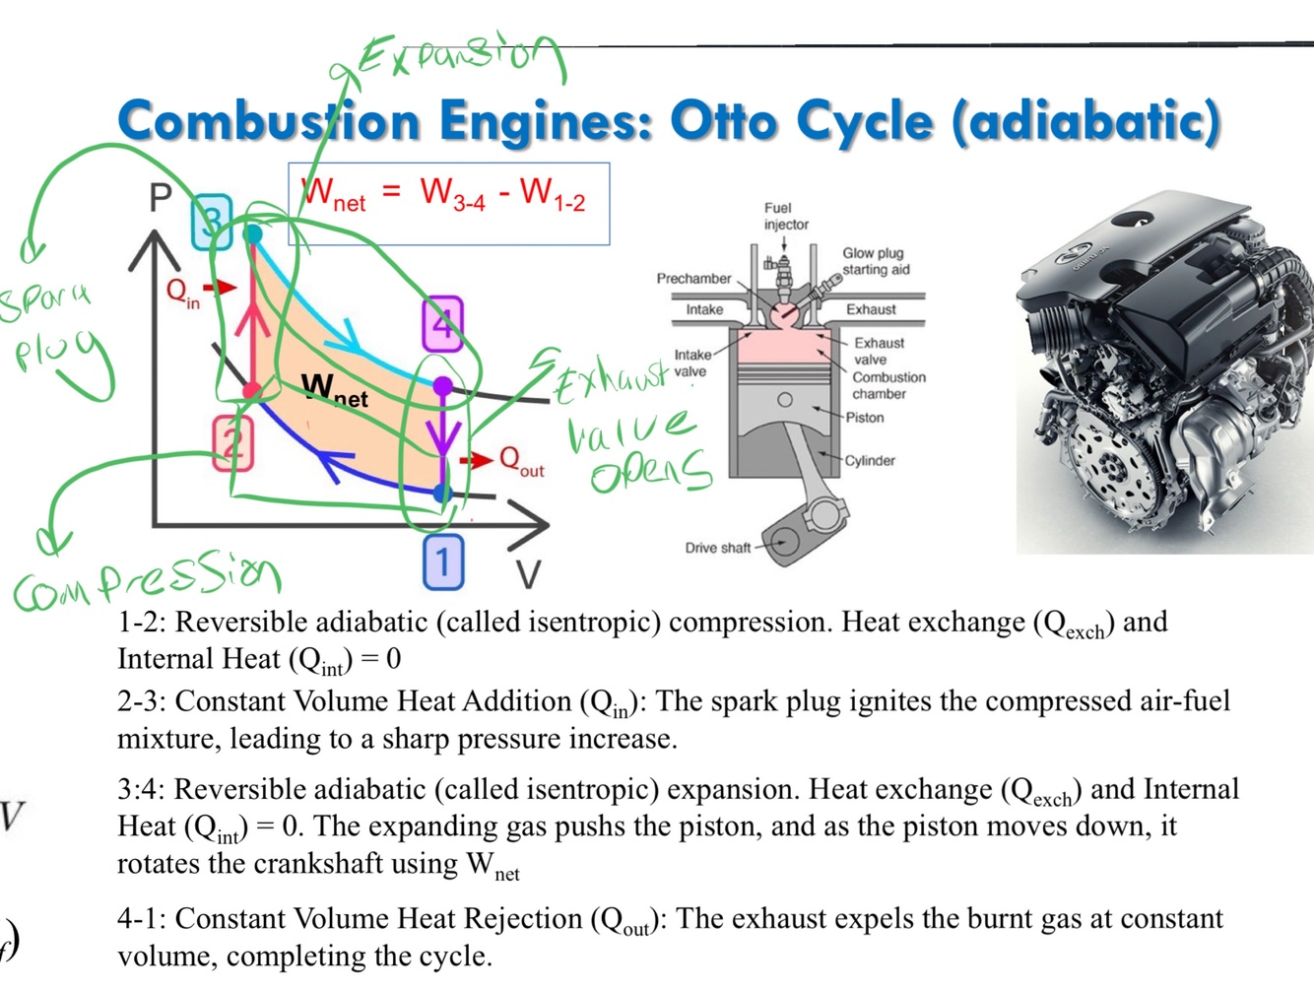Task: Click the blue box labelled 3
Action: click(x=211, y=222)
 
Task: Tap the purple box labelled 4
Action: click(x=442, y=323)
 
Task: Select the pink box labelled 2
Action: click(x=232, y=442)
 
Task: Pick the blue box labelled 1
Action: click(x=443, y=561)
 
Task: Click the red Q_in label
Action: click(x=183, y=292)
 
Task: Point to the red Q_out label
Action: click(x=521, y=460)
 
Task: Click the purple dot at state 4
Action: click(x=443, y=386)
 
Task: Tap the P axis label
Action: click(x=161, y=199)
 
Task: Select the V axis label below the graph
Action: click(x=528, y=574)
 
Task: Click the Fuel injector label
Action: click(x=785, y=216)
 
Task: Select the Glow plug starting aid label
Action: click(x=875, y=261)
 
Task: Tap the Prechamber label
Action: click(x=693, y=279)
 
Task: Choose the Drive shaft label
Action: click(x=717, y=548)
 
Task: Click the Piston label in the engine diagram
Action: click(x=865, y=418)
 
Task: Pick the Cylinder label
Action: click(x=870, y=460)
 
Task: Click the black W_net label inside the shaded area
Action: click(x=334, y=389)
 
